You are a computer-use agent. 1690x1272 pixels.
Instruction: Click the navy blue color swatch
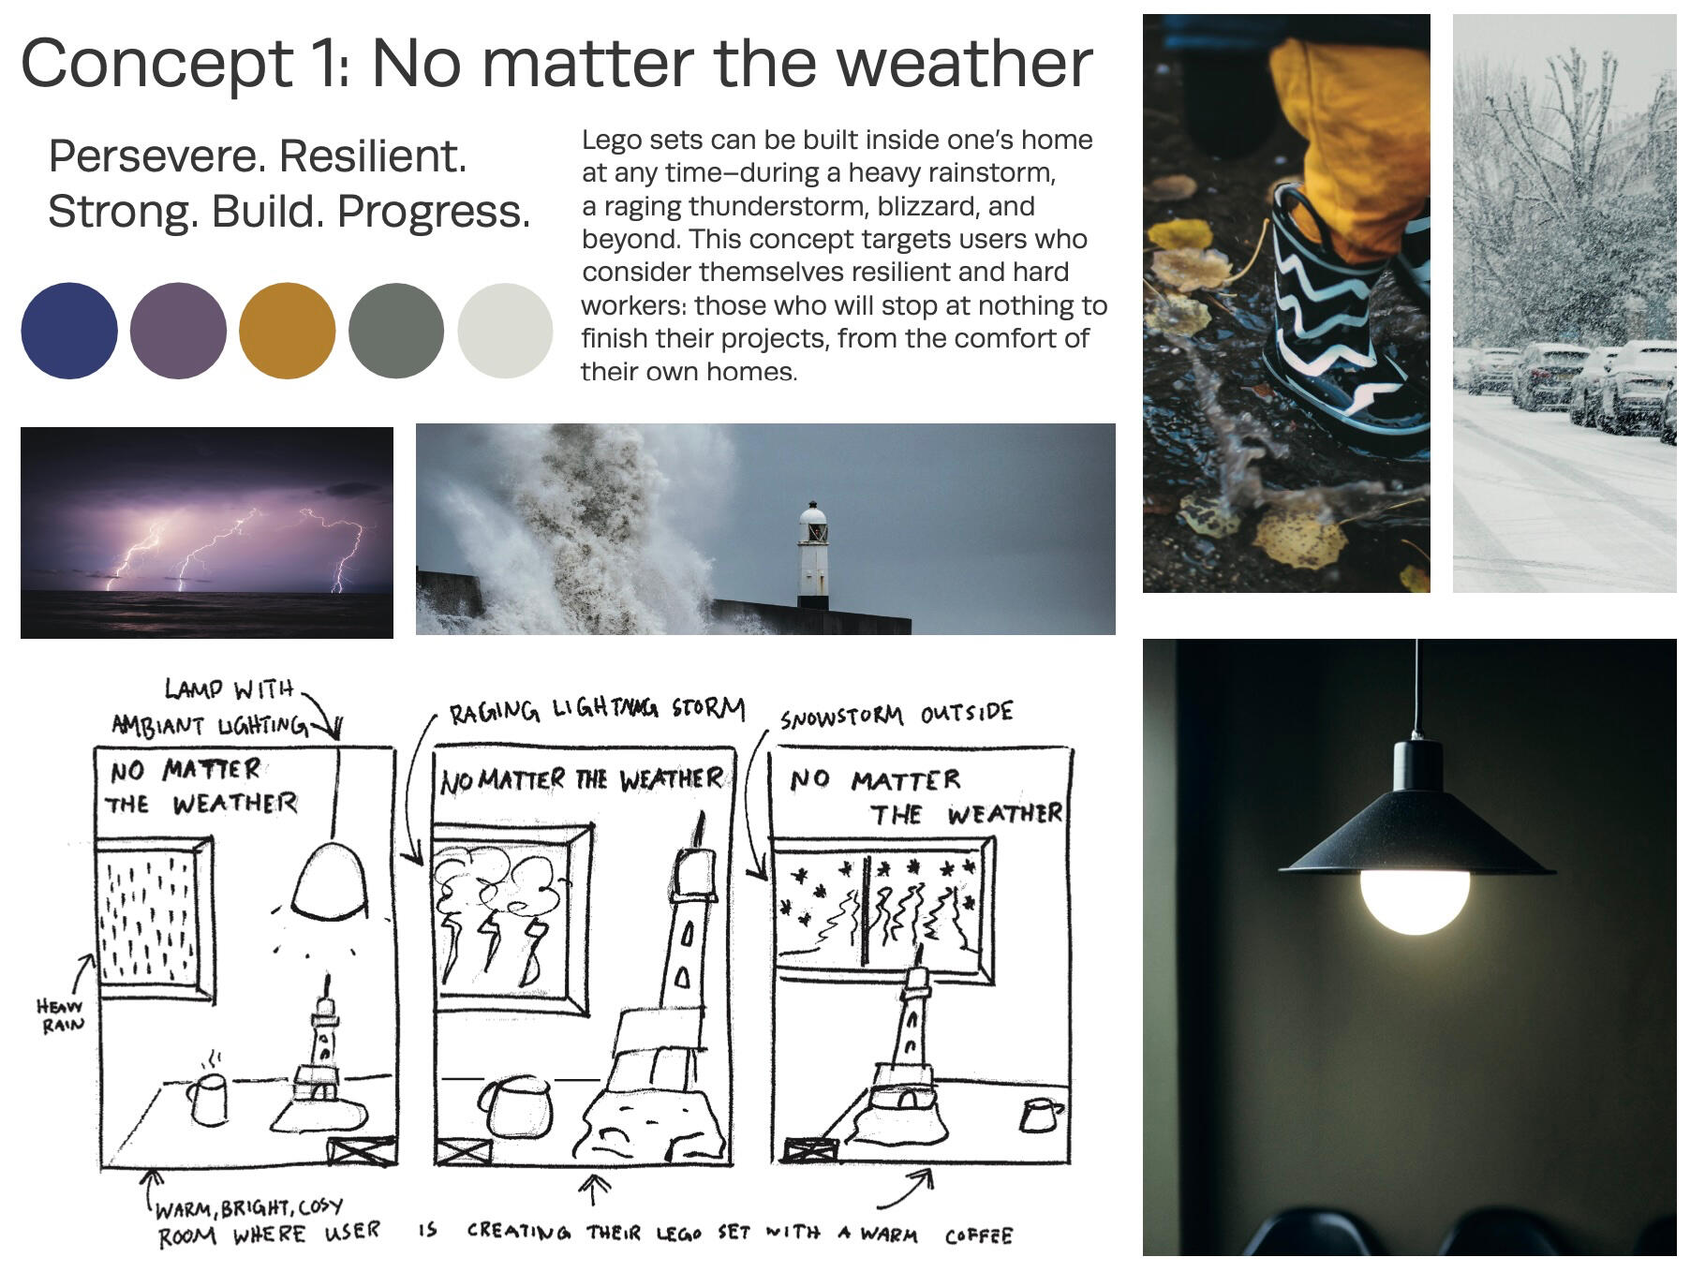[69, 331]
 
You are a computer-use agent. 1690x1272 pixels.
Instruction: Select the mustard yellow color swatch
[288, 331]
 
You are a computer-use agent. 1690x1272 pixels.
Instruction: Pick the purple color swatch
[178, 331]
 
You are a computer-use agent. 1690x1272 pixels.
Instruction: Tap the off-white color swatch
[506, 331]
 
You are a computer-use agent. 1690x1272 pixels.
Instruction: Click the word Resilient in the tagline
[373, 155]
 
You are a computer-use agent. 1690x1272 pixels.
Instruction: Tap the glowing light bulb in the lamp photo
[1415, 900]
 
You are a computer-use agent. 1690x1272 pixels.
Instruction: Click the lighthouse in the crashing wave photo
[812, 555]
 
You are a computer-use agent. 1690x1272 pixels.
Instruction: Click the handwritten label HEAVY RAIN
[60, 1015]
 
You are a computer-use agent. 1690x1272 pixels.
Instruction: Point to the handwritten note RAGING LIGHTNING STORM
[597, 710]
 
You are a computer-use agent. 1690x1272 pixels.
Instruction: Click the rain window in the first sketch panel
[156, 918]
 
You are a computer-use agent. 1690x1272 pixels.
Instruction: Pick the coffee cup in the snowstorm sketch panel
[1040, 1115]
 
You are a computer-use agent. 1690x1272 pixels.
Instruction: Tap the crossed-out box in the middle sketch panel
[464, 1151]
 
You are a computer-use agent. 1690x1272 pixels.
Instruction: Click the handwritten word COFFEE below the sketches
[978, 1235]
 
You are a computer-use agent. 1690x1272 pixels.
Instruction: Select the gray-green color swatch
[396, 331]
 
